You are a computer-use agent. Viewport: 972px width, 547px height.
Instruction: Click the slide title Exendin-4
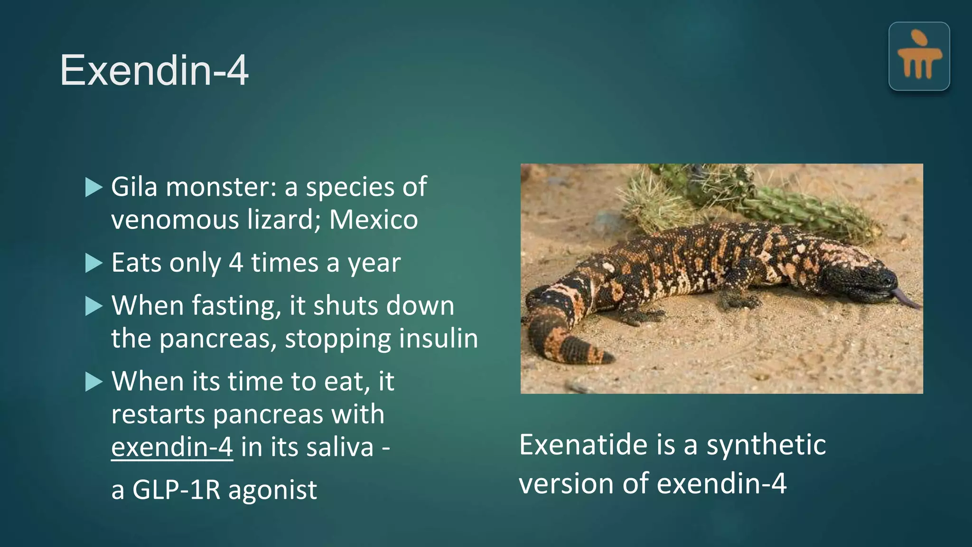pos(154,70)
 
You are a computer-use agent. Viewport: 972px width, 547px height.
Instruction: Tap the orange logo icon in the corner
pos(919,57)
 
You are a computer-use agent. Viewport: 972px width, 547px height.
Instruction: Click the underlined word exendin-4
pos(172,447)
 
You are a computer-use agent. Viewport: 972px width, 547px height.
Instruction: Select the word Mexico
pos(374,220)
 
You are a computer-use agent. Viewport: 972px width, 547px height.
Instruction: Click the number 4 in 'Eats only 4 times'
pos(236,263)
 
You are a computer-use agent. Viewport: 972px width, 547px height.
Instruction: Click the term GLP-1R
pos(176,490)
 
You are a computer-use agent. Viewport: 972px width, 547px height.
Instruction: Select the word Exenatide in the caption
pos(583,445)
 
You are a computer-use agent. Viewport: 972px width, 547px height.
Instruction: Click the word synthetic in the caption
pos(766,445)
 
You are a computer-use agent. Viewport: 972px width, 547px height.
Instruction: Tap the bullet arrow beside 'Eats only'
pos(93,263)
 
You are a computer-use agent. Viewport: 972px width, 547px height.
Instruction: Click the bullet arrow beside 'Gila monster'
pos(93,187)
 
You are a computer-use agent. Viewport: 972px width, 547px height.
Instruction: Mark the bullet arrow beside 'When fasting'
pos(93,306)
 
